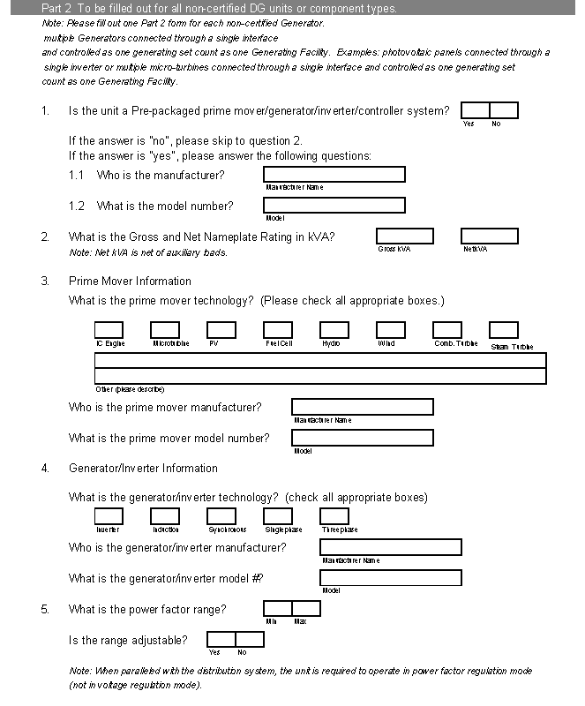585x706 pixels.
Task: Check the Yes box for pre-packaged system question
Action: tap(475, 110)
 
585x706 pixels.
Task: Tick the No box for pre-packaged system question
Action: tap(504, 110)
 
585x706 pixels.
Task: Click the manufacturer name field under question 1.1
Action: tap(334, 175)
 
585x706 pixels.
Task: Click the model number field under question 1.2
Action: tap(334, 206)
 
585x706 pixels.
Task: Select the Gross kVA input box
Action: tap(405, 237)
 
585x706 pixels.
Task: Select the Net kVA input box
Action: tap(489, 237)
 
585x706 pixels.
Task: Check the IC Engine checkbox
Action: tap(109, 330)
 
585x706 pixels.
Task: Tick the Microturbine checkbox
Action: tap(165, 330)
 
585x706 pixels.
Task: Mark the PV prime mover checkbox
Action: tap(221, 330)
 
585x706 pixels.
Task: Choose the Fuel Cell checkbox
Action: tap(278, 330)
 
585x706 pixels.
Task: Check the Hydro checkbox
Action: tap(334, 330)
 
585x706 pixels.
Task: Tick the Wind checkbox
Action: tap(391, 330)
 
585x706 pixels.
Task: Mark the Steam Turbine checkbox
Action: tap(503, 330)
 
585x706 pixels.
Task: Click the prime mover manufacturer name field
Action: tap(363, 407)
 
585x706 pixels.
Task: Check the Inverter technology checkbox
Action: tap(109, 516)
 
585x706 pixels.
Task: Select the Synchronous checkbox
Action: tap(221, 516)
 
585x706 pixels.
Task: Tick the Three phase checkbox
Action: tap(334, 516)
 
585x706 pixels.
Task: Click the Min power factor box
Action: tap(278, 608)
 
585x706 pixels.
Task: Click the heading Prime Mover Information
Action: tap(130, 282)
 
